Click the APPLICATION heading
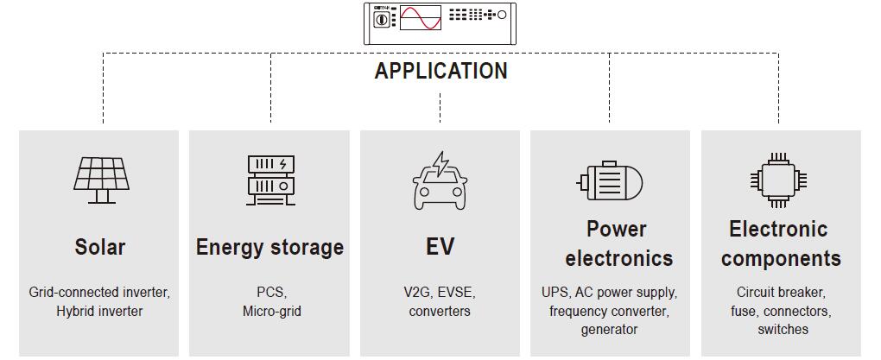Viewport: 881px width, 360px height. pyautogui.click(x=440, y=71)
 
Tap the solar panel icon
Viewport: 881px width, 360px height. pyautogui.click(x=101, y=180)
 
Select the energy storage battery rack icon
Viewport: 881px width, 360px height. pyautogui.click(x=270, y=180)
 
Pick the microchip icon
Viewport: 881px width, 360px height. pyautogui.click(x=779, y=180)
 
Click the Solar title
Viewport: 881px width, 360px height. pyautogui.click(x=100, y=247)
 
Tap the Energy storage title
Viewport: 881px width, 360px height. pyautogui.click(x=269, y=247)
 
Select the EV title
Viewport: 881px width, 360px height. pyautogui.click(x=440, y=247)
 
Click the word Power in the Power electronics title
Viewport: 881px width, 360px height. pyautogui.click(x=617, y=229)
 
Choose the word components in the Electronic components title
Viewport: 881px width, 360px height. pyautogui.click(x=781, y=258)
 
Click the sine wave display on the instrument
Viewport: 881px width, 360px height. pyautogui.click(x=421, y=18)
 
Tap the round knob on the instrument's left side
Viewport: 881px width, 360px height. pyautogui.click(x=380, y=18)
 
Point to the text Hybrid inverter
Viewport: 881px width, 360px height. pyautogui.click(x=99, y=311)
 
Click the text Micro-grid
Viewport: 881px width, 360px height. pyautogui.click(x=271, y=311)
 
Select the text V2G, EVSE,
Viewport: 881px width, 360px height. pyautogui.click(x=440, y=292)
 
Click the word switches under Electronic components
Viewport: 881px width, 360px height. pyautogui.click(x=783, y=329)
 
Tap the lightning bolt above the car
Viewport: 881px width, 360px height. pyautogui.click(x=441, y=163)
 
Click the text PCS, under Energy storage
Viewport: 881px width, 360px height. pyautogui.click(x=271, y=292)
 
